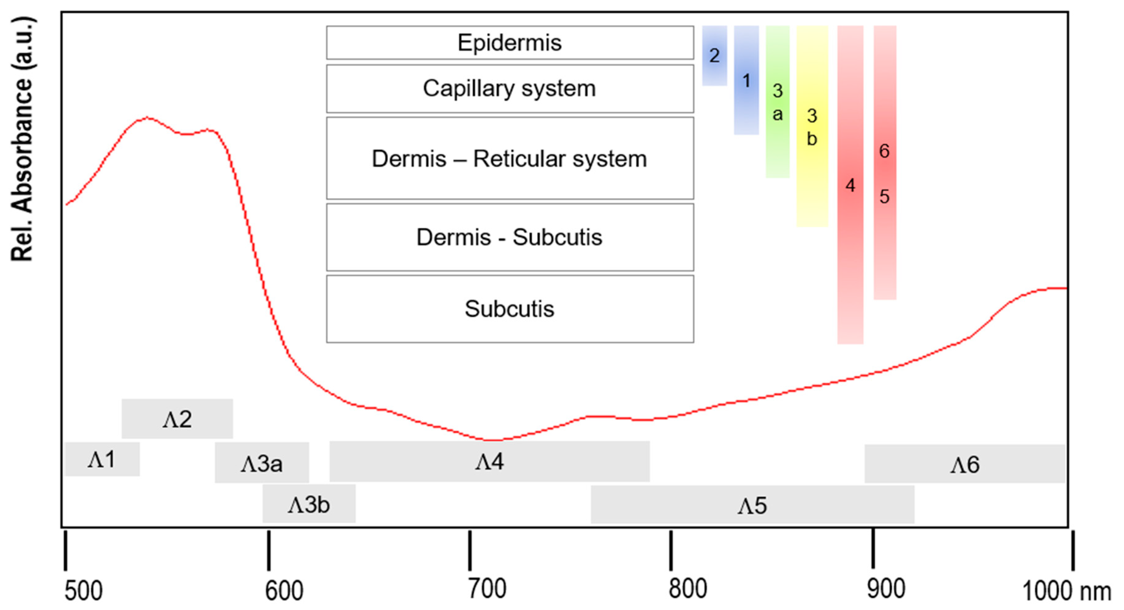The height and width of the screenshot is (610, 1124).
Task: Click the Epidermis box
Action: tap(509, 43)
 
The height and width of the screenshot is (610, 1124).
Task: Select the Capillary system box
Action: tap(509, 89)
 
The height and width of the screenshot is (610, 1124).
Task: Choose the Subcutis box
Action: tap(509, 309)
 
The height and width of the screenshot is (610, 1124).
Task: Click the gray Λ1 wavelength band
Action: tap(102, 459)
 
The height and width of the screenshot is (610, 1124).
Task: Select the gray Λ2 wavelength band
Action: tap(177, 419)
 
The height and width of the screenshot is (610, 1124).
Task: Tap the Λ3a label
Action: tap(262, 464)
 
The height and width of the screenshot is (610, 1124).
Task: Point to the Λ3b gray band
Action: tap(309, 504)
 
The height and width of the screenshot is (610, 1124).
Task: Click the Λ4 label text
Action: tap(490, 462)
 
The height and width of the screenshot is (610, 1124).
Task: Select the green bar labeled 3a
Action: tap(777, 102)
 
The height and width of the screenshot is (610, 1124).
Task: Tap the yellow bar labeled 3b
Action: tap(812, 127)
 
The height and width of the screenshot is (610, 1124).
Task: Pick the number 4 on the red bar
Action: tap(850, 185)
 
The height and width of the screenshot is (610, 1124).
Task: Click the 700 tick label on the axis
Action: tap(487, 589)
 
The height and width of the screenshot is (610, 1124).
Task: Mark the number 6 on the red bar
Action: tap(884, 151)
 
